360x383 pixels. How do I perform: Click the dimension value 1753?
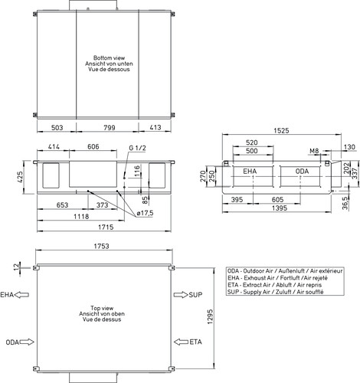point(101,246)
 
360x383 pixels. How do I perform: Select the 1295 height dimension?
point(210,317)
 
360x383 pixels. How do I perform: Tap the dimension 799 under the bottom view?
point(110,127)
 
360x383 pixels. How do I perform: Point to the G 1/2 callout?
point(137,148)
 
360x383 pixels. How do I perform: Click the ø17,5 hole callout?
point(145,213)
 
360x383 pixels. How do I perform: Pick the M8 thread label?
point(314,151)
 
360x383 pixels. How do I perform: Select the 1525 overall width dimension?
point(281,131)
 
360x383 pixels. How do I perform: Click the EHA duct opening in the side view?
point(253,176)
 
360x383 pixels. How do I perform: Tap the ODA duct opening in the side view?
point(300,176)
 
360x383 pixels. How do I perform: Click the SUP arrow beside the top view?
point(181,295)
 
